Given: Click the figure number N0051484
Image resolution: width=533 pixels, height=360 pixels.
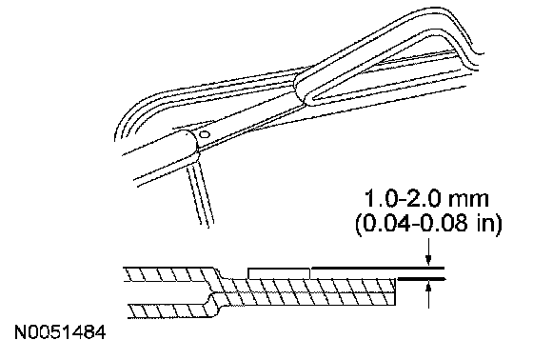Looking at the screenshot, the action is (60, 332).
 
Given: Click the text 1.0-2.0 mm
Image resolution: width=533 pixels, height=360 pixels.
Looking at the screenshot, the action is (427, 199).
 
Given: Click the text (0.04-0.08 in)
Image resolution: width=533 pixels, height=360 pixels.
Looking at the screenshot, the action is (428, 224).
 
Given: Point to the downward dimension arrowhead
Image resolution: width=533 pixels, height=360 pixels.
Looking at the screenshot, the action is (428, 261).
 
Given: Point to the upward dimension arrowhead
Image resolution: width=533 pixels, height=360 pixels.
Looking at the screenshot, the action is (428, 286).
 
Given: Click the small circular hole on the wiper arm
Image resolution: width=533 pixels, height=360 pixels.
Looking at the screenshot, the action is (204, 134).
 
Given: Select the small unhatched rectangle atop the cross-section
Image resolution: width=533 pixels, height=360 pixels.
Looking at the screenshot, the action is (279, 273).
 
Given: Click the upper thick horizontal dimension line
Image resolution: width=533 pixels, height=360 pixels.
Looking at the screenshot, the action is (378, 269).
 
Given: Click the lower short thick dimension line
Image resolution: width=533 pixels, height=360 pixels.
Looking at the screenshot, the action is (421, 279).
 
